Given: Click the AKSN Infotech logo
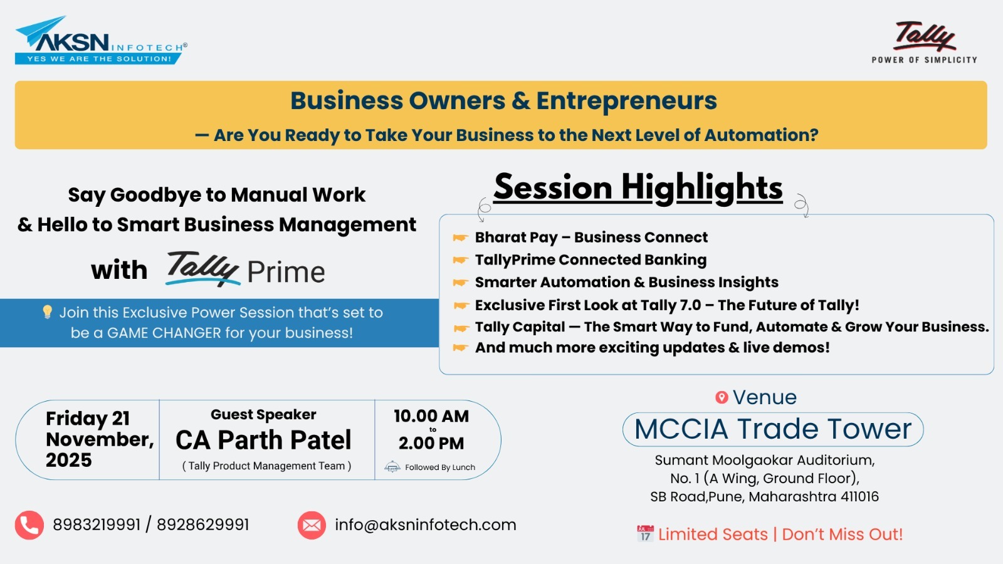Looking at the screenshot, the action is point(101,40).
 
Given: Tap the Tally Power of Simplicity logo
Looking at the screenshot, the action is point(924,43).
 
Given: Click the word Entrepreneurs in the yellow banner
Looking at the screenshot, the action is point(626,101).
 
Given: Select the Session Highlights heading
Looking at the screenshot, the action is point(638,187).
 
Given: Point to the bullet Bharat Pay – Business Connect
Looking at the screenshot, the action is point(591,238).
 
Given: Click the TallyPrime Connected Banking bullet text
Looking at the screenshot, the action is point(591,259).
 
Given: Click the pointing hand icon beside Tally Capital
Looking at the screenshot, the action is point(461,328).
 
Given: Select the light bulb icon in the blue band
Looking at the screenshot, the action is point(47,311).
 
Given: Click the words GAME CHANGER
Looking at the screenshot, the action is point(164,333).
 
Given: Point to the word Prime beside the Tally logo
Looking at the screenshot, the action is point(286,272).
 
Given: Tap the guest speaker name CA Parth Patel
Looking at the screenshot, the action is point(263,440).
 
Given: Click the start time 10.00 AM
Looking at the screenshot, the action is point(431,416).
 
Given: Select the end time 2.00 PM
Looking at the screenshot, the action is point(431,443).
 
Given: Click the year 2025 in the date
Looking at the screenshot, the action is point(69,460).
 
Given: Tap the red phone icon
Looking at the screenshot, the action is point(29,525).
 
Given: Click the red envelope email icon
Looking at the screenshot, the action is point(312,525).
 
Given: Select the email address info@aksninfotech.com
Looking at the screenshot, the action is point(426,525).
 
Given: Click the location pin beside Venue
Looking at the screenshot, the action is point(722,397).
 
